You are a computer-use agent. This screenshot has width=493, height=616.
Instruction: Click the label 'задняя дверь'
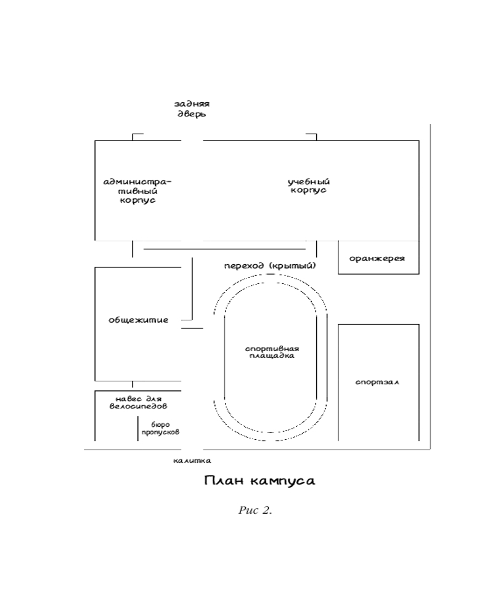point(192,110)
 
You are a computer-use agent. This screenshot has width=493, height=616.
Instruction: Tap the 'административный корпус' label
point(137,191)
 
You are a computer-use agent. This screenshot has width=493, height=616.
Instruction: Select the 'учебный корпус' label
point(309,186)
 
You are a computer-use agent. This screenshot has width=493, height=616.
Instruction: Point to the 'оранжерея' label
point(377,258)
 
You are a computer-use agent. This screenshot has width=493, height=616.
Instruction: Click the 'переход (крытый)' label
point(270,266)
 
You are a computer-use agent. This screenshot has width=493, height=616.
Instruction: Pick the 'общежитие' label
point(138,320)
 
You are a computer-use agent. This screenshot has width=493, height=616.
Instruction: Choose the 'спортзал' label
point(377,383)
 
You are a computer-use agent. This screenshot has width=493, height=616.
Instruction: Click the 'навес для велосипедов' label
point(139,403)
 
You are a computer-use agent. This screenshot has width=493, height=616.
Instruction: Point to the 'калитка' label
point(192,460)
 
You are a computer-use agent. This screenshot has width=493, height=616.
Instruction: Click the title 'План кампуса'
point(259,480)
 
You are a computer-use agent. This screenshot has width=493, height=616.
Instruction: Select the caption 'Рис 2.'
point(255,511)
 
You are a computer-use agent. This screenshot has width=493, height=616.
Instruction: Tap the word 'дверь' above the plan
point(192,115)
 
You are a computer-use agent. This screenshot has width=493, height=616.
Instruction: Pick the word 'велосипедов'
point(139,407)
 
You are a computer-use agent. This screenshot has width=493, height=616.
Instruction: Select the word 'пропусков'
point(160,432)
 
